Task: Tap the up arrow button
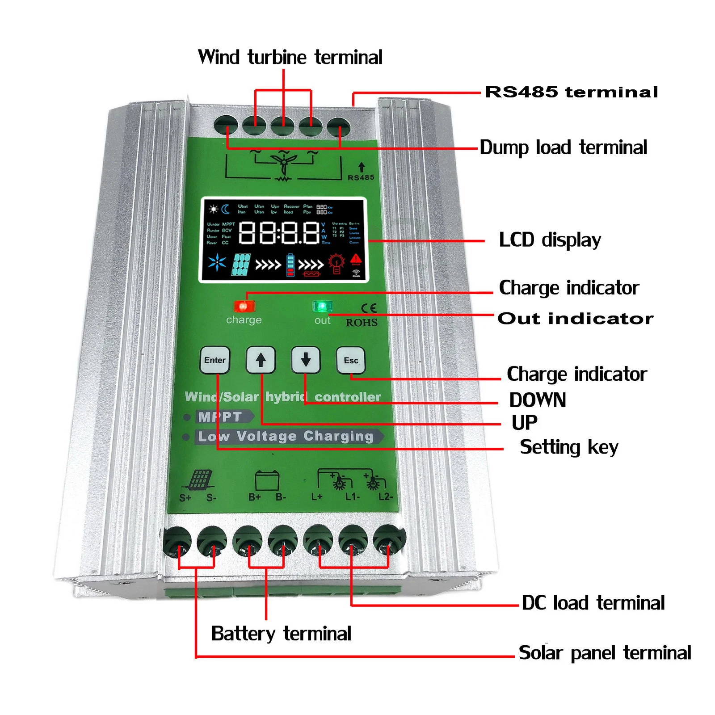261,360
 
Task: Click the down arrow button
306,360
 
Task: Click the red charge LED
244,306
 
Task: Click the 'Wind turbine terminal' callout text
290,57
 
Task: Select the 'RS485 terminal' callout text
572,92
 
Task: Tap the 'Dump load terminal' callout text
563,147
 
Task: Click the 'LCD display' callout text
550,240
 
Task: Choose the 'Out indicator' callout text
575,319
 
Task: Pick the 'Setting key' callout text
569,447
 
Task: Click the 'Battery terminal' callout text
281,634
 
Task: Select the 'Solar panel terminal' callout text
605,653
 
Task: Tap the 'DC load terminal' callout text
593,603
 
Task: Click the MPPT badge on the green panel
221,417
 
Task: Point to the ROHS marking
362,323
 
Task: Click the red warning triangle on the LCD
356,259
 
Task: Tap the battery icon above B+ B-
267,480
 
